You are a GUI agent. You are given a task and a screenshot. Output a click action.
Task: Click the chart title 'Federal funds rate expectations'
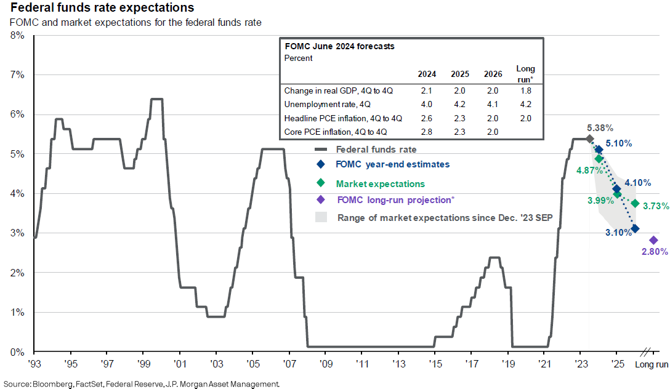click(x=98, y=8)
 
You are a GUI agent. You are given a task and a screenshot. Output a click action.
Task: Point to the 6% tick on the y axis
click(x=17, y=114)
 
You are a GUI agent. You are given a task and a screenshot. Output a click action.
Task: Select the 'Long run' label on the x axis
click(x=652, y=364)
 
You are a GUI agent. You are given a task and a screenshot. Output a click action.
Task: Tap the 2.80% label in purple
click(x=654, y=252)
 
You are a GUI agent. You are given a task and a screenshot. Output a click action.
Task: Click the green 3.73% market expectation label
click(x=655, y=206)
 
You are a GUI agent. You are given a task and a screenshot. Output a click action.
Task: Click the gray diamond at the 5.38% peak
click(x=589, y=138)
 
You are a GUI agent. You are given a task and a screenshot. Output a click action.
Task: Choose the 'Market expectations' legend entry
click(x=380, y=183)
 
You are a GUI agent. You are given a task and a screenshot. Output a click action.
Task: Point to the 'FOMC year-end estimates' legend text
click(x=392, y=164)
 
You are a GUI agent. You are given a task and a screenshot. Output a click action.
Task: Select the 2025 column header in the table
click(x=460, y=74)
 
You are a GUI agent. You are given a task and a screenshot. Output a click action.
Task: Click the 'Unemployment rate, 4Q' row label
click(x=318, y=104)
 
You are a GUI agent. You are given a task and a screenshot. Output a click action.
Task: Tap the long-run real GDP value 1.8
click(x=525, y=90)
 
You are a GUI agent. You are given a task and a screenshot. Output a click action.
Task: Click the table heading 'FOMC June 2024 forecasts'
click(x=339, y=46)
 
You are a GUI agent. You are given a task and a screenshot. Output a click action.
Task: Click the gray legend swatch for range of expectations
click(x=320, y=217)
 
